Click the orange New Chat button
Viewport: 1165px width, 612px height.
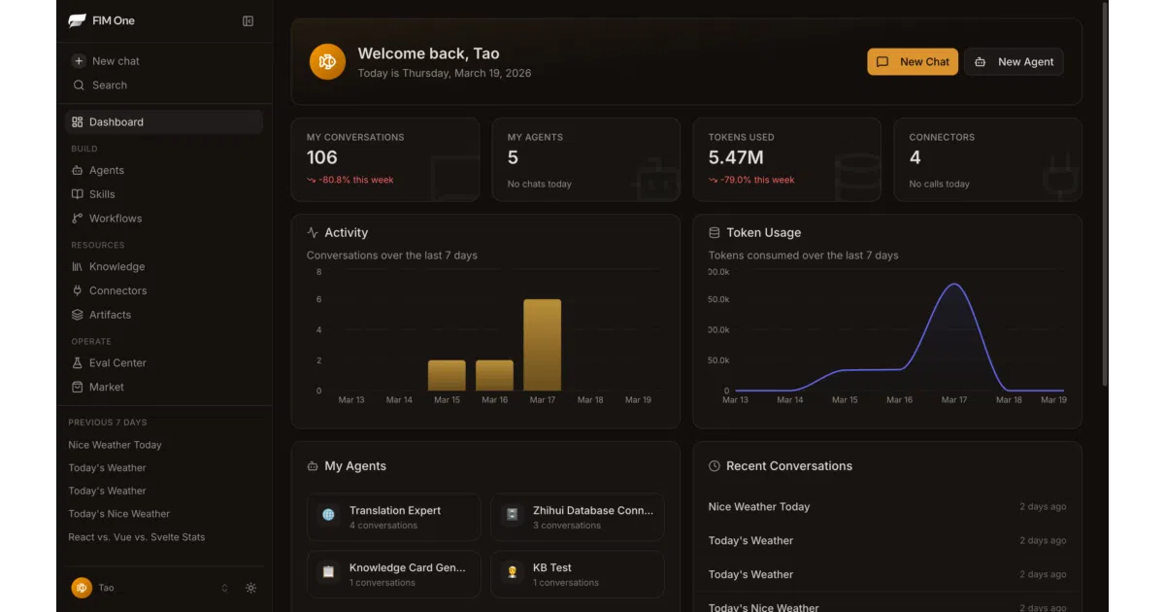point(913,62)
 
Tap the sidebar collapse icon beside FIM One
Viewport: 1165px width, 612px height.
point(248,20)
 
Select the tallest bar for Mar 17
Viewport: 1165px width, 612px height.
point(542,345)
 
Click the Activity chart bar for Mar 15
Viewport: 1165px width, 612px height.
point(447,375)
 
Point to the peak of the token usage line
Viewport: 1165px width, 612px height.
point(954,284)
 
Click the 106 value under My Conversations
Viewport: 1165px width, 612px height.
point(322,157)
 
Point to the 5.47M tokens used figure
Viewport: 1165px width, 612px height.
point(736,157)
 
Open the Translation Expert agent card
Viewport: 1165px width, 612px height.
point(394,517)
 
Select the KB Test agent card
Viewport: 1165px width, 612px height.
point(578,574)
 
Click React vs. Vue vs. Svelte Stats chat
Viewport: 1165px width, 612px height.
point(136,537)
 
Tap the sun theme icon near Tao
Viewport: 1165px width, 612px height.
point(250,588)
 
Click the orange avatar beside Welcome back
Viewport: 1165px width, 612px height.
point(327,62)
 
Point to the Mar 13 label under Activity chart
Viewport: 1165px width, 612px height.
point(351,399)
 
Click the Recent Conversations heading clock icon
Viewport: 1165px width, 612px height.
point(715,465)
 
